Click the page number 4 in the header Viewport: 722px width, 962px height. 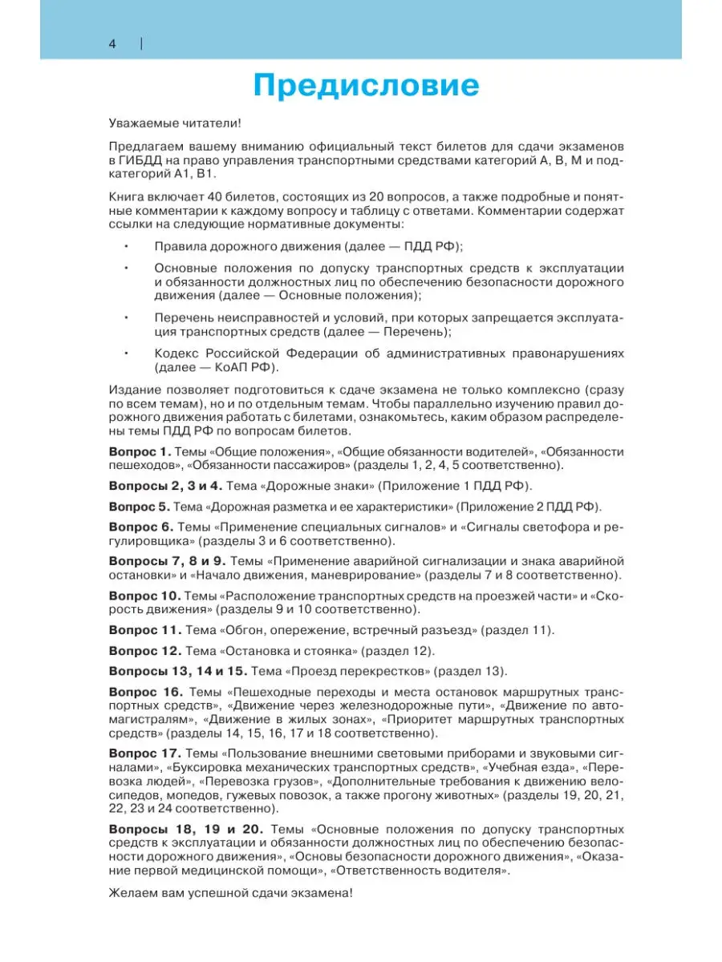pos(112,44)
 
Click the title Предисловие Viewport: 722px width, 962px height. pos(366,85)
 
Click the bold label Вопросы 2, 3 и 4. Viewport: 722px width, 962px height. pos(164,486)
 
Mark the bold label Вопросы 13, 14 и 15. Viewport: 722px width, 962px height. pos(177,671)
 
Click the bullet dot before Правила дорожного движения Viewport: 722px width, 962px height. pos(127,246)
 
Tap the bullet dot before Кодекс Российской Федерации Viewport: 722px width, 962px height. pos(127,354)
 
